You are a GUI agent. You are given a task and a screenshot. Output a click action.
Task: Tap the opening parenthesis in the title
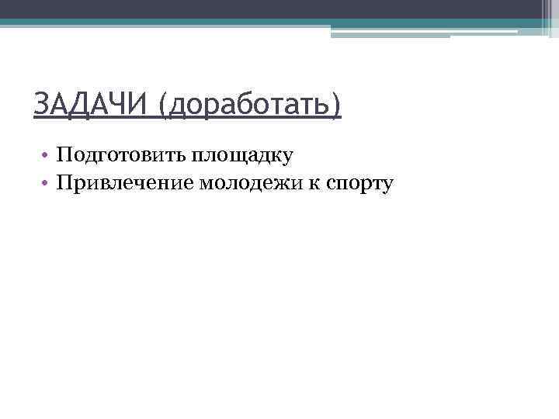[x=163, y=107]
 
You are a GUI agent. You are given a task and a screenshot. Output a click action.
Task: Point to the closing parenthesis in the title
[x=335, y=107]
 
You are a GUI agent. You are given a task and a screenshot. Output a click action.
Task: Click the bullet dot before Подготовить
[x=47, y=156]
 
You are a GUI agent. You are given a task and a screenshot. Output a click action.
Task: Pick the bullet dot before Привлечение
[x=47, y=184]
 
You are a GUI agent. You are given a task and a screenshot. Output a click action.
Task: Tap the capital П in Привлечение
[x=64, y=182]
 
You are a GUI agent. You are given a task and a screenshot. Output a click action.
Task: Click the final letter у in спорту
[x=388, y=185]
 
